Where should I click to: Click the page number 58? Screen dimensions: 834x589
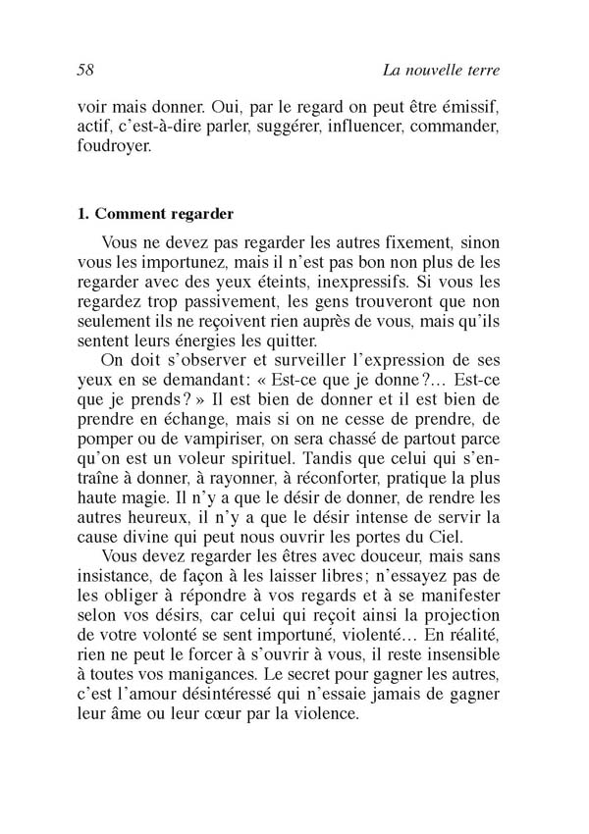tap(84, 70)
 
